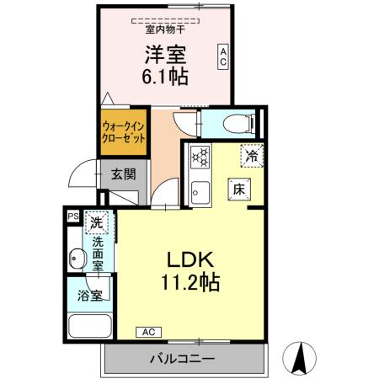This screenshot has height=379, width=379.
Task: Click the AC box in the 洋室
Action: tap(223, 56)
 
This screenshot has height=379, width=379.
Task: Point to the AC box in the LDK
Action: tap(147, 331)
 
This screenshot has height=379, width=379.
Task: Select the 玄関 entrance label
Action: tap(123, 175)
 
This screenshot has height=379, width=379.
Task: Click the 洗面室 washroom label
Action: tap(98, 253)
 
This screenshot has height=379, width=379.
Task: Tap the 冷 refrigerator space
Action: tap(251, 155)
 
